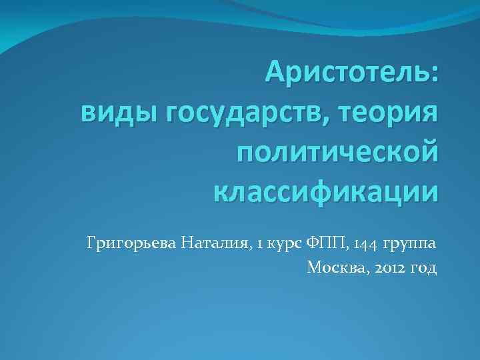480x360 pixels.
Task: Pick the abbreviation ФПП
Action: click(x=323, y=243)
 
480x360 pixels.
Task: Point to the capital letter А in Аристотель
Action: click(x=275, y=71)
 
